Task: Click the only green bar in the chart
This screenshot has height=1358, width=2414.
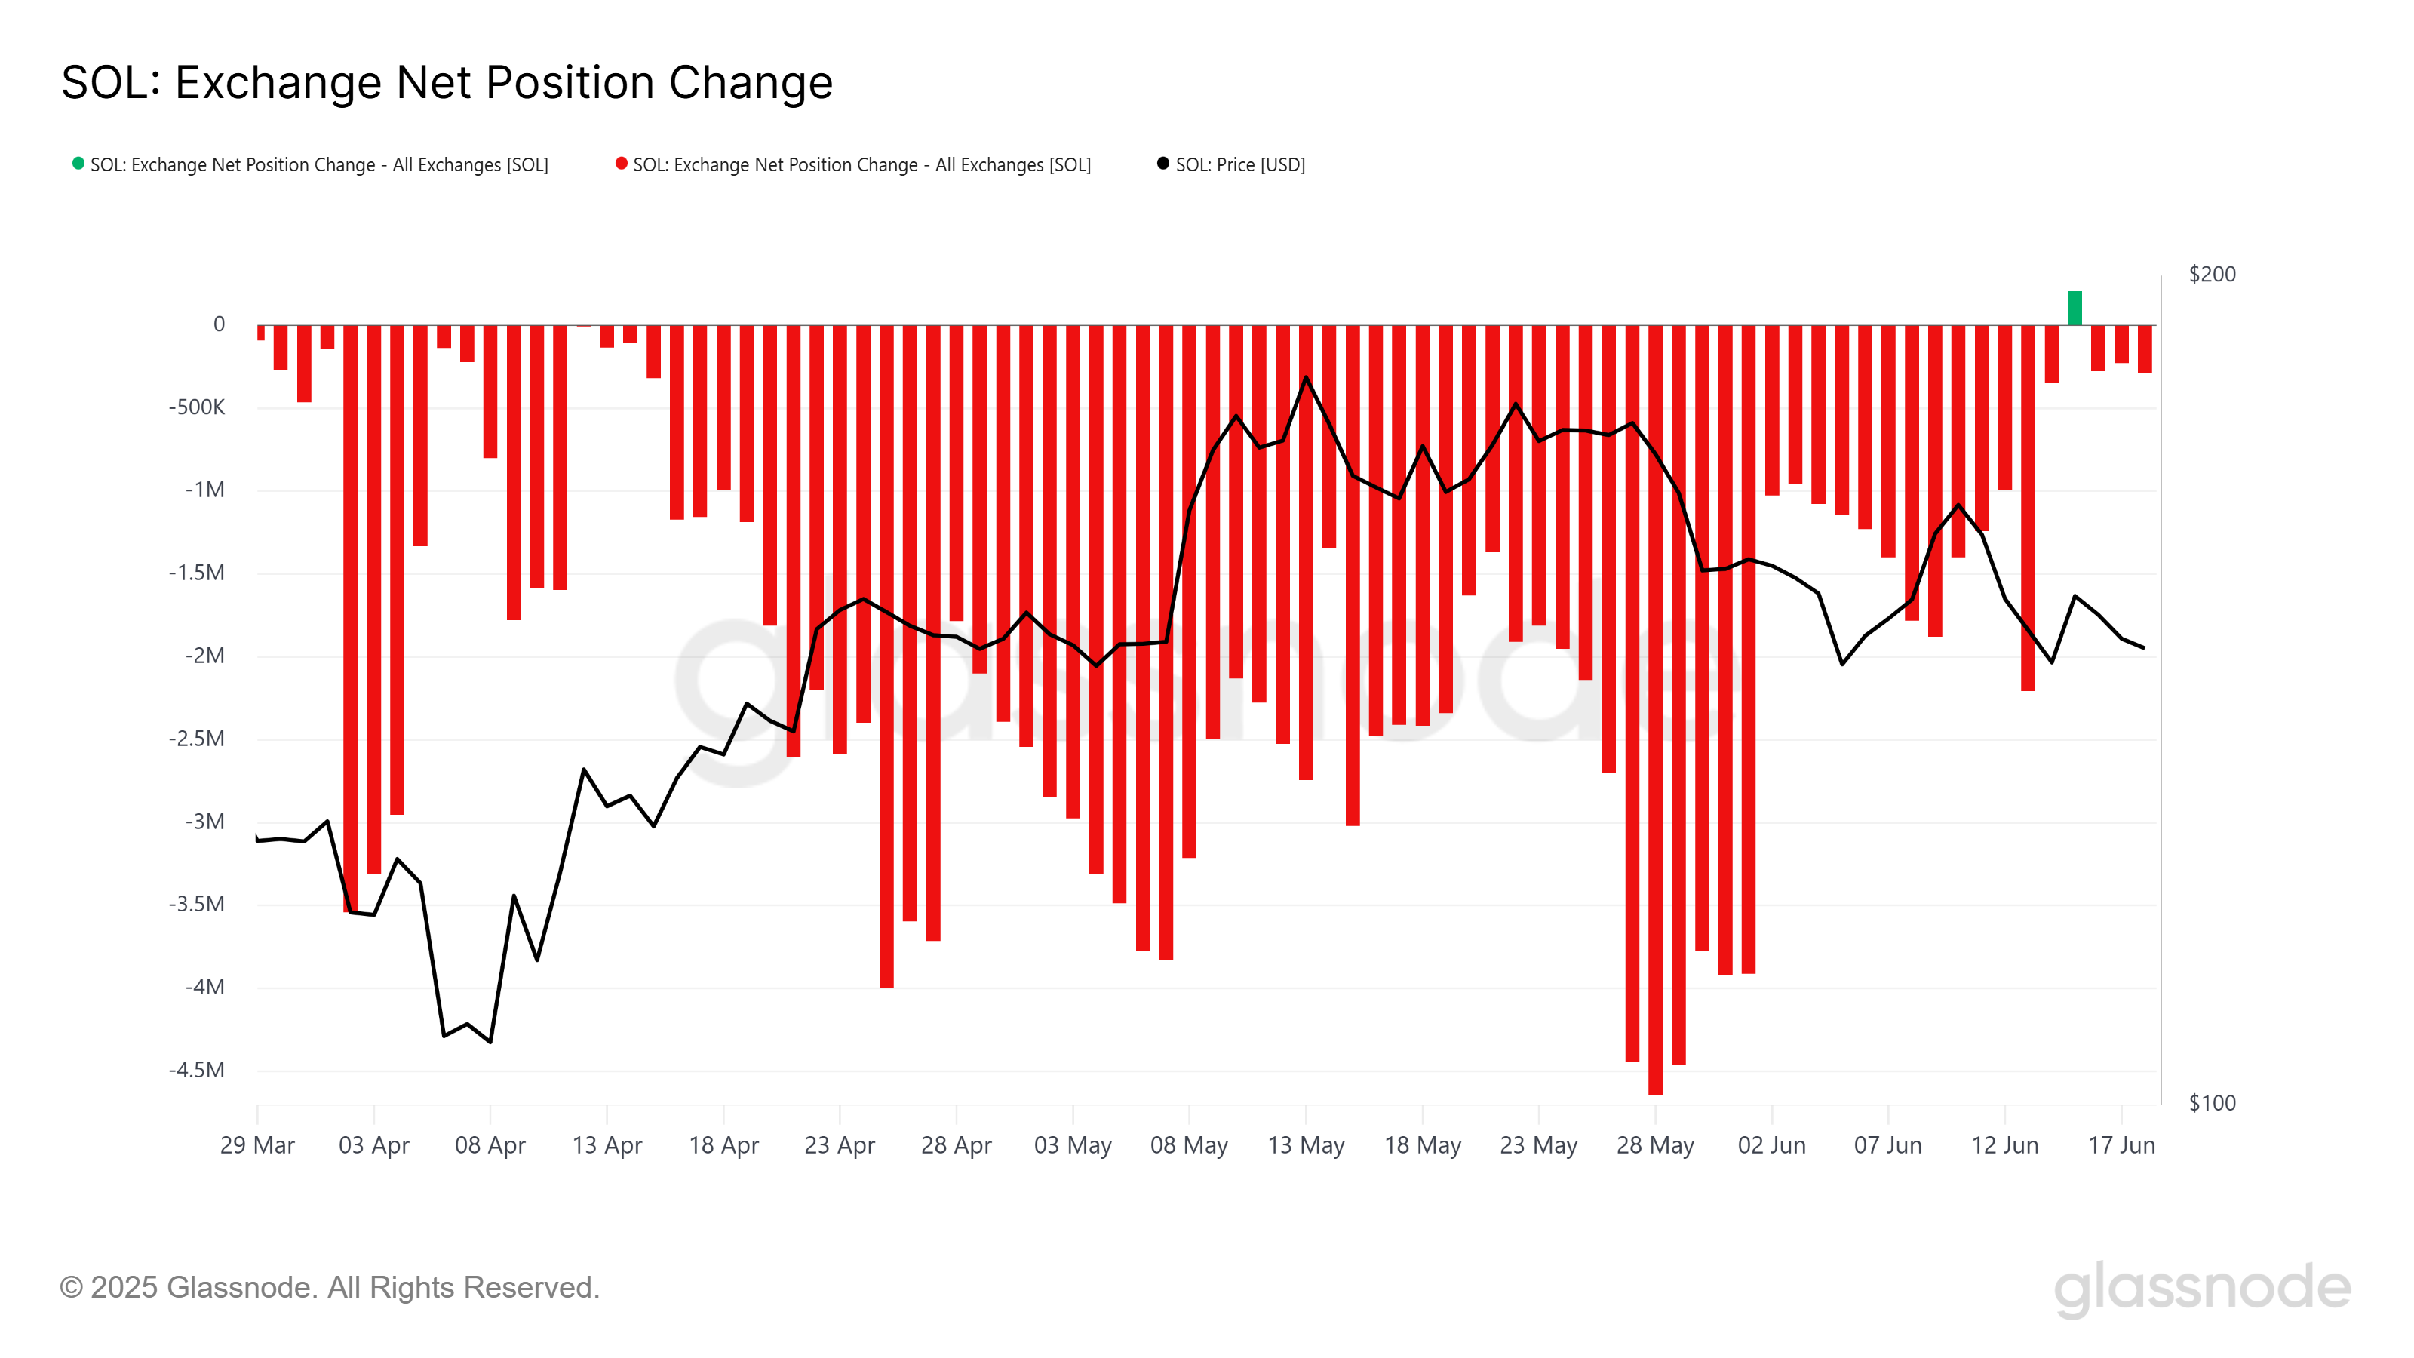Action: [2074, 309]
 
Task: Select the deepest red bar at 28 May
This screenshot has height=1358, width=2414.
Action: [1655, 712]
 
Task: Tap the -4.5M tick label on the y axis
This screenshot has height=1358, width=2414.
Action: [197, 1069]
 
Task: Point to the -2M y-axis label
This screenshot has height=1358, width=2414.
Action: [204, 655]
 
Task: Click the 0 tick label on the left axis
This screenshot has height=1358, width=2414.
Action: [220, 324]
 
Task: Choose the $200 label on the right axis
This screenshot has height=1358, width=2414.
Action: [2212, 274]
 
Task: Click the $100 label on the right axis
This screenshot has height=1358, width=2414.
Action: [2212, 1102]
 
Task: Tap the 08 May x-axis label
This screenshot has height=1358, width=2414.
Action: [1188, 1145]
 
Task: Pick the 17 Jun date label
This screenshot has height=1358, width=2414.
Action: [2121, 1145]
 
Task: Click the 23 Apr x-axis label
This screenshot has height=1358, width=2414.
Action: [840, 1145]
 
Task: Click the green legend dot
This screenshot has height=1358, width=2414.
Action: [78, 164]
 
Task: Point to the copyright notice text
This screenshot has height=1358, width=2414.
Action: [329, 1287]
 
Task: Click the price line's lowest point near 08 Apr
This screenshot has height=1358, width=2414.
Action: [490, 1041]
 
